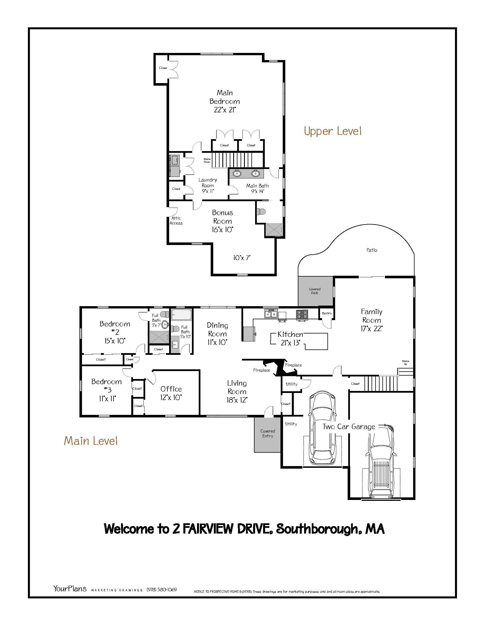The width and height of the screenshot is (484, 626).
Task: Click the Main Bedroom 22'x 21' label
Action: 225,101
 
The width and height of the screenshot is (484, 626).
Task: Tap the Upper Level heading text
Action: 332,131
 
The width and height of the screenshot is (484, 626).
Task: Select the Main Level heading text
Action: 91,440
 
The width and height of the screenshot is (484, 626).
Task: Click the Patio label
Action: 372,250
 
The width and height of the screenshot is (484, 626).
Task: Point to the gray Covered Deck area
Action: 315,291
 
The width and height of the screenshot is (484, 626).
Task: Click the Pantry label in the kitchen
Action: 327,313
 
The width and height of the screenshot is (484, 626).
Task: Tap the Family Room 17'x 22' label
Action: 372,320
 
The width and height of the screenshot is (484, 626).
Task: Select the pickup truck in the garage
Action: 380,462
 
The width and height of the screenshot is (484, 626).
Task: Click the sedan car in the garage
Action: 322,427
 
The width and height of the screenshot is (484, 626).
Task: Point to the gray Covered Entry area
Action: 267,434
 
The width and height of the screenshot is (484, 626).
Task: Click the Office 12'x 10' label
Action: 171,393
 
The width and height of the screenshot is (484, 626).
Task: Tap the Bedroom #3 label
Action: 106,390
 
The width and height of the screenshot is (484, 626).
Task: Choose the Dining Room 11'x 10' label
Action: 217,334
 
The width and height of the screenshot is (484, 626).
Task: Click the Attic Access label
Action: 176,221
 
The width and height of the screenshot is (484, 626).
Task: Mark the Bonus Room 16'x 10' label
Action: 222,221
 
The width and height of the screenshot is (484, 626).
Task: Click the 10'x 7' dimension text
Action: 242,258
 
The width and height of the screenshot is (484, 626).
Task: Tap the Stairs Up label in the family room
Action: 405,363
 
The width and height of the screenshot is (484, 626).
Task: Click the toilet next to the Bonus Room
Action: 261,211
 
